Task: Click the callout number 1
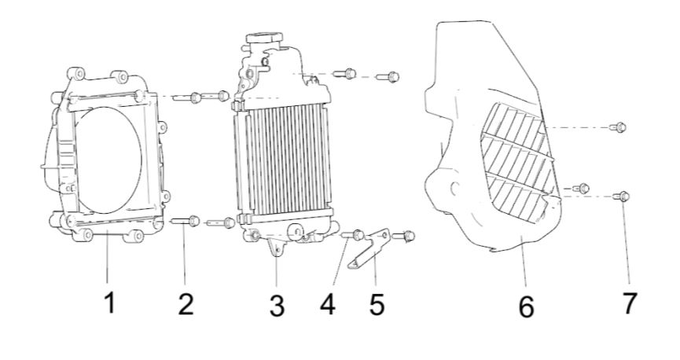click(x=110, y=303)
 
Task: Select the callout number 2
click(x=186, y=303)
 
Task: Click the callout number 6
click(x=526, y=307)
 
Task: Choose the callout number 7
click(x=629, y=303)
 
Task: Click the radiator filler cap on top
click(x=264, y=38)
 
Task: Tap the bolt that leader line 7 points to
click(x=621, y=197)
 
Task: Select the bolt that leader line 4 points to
click(x=351, y=235)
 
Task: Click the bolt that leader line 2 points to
click(x=186, y=221)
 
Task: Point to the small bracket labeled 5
click(x=369, y=249)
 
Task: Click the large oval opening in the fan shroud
click(x=108, y=160)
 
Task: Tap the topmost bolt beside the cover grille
click(x=618, y=127)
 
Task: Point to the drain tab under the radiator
click(x=276, y=248)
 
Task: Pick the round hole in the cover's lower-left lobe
click(x=454, y=189)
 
